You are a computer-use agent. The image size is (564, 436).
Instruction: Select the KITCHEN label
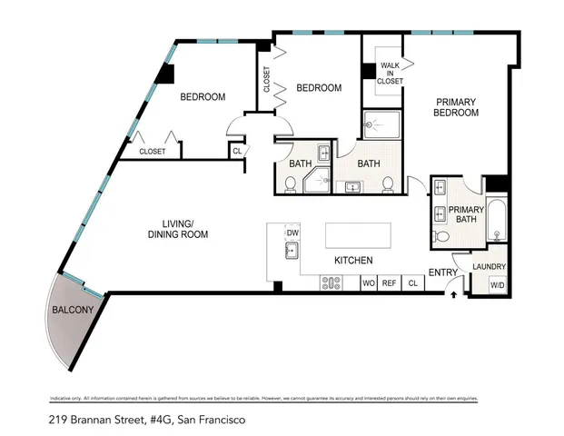click(x=353, y=261)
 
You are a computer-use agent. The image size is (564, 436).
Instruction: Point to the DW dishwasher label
click(x=292, y=233)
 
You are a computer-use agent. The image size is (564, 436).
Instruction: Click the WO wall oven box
click(x=369, y=283)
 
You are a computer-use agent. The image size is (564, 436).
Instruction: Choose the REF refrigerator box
click(x=390, y=283)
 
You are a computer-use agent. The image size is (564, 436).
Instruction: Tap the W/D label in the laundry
click(x=498, y=284)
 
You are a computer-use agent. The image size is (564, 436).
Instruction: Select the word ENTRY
click(x=443, y=272)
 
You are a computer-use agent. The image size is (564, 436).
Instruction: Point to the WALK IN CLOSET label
click(x=391, y=74)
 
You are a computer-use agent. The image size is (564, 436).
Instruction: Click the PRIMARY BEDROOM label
click(x=457, y=107)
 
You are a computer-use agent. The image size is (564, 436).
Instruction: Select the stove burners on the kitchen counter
click(x=331, y=283)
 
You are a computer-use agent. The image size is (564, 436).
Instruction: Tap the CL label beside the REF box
click(x=411, y=283)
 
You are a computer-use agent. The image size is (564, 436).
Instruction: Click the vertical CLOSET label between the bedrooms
click(x=266, y=81)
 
